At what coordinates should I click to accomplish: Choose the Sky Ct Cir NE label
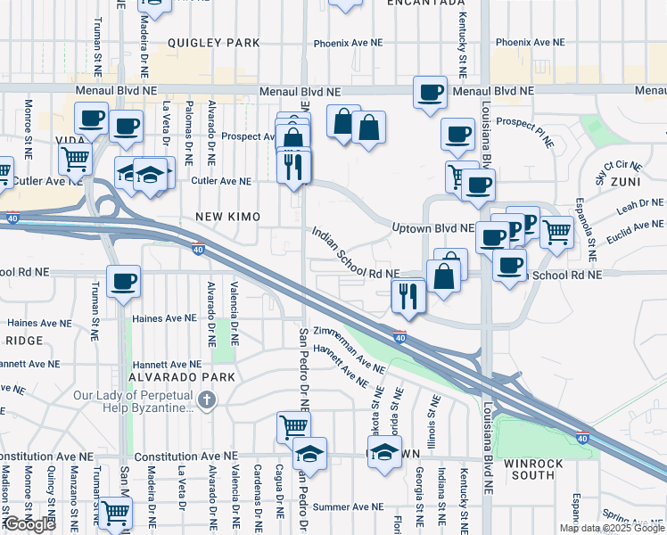click(622, 164)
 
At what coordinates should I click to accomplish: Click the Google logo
click(29, 523)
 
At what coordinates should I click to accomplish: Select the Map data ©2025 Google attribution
click(611, 528)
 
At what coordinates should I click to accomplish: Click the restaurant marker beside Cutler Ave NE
click(294, 167)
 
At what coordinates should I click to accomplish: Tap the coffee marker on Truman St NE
click(123, 283)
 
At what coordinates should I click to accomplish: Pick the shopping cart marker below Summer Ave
click(115, 513)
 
